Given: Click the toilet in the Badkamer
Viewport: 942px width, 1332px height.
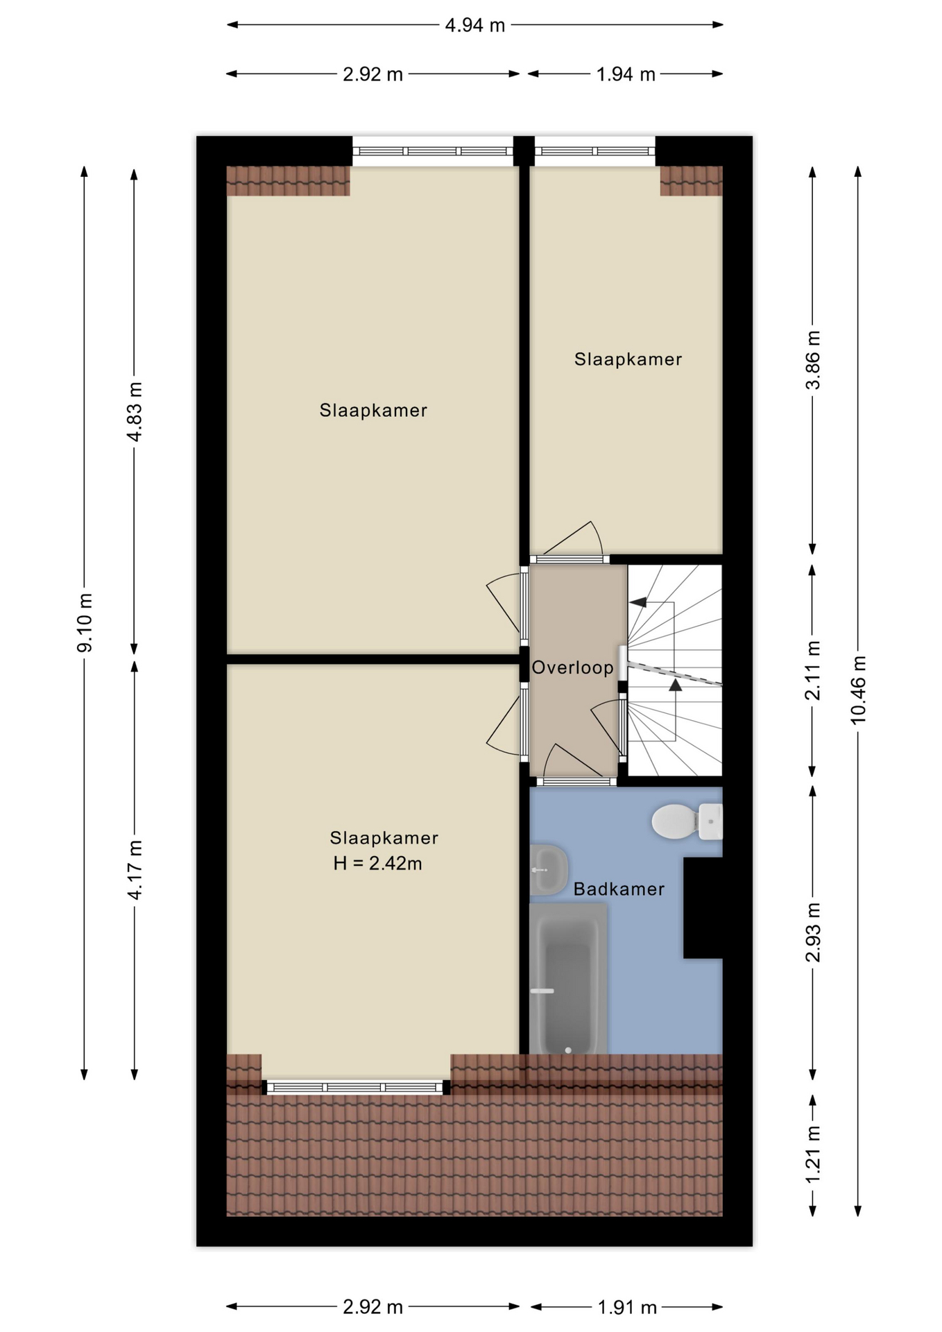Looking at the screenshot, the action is click(x=687, y=821).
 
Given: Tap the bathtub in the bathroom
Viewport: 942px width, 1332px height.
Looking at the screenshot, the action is click(x=568, y=978).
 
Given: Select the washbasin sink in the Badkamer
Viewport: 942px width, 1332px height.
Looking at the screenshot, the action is click(x=549, y=869).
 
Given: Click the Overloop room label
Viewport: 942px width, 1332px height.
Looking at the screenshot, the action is click(x=572, y=667).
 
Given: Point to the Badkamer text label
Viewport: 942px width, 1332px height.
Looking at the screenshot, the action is click(x=619, y=889).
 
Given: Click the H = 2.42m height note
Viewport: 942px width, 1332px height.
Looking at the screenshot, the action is click(x=377, y=863).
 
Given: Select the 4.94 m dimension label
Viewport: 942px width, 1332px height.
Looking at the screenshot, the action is click(x=475, y=25).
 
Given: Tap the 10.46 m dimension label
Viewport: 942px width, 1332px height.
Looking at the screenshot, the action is click(x=859, y=690).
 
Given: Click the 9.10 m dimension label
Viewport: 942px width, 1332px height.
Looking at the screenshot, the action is click(x=85, y=623).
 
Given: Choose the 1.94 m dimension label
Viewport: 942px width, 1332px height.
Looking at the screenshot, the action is click(x=626, y=74).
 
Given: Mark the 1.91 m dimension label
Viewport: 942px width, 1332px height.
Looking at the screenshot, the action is click(x=627, y=1308).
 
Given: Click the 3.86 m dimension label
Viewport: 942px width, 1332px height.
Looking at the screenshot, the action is click(x=813, y=360).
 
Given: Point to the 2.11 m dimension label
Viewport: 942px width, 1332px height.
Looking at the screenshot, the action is click(x=813, y=670).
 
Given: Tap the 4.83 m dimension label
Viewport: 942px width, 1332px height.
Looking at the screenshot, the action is click(x=135, y=411).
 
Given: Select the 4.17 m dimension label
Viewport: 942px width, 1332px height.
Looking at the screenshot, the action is click(x=135, y=870).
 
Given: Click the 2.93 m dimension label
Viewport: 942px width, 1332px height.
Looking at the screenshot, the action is click(x=813, y=932).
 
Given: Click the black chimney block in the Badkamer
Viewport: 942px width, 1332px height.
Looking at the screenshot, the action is click(x=703, y=908).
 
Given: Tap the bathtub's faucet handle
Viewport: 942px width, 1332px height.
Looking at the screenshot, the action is click(x=542, y=991).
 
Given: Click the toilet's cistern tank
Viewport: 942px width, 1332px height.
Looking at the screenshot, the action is click(x=711, y=822).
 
